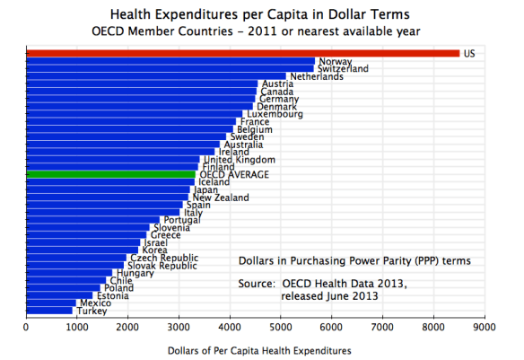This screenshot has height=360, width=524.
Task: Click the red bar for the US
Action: (242, 53)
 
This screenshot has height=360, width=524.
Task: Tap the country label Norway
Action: (334, 61)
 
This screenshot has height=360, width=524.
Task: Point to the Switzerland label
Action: (344, 69)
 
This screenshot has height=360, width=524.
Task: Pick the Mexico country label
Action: (94, 303)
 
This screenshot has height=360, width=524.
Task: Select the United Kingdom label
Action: (233, 160)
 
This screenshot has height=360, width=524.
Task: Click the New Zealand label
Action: (222, 198)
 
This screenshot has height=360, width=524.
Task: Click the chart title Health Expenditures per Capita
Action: (261, 15)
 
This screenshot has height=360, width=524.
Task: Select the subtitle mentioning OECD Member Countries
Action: (261, 31)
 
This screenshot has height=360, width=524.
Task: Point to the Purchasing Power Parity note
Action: (354, 261)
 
